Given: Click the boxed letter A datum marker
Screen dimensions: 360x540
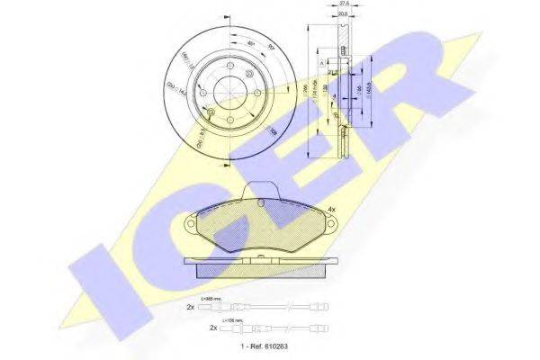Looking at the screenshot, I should (321, 61).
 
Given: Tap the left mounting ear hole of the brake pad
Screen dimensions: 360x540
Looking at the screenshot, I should (193, 223).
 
